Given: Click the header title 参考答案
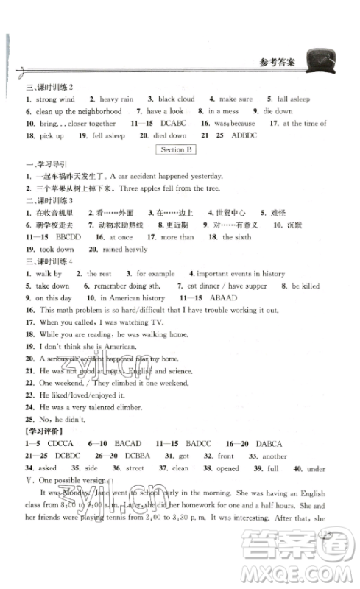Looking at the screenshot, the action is [276, 63].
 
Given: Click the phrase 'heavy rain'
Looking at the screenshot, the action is [120, 99].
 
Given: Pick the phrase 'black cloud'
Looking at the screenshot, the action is [176, 99].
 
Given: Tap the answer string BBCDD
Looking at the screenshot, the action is [66, 237].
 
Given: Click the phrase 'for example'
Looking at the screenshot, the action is [154, 273].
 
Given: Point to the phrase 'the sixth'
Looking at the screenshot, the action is [237, 237].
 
